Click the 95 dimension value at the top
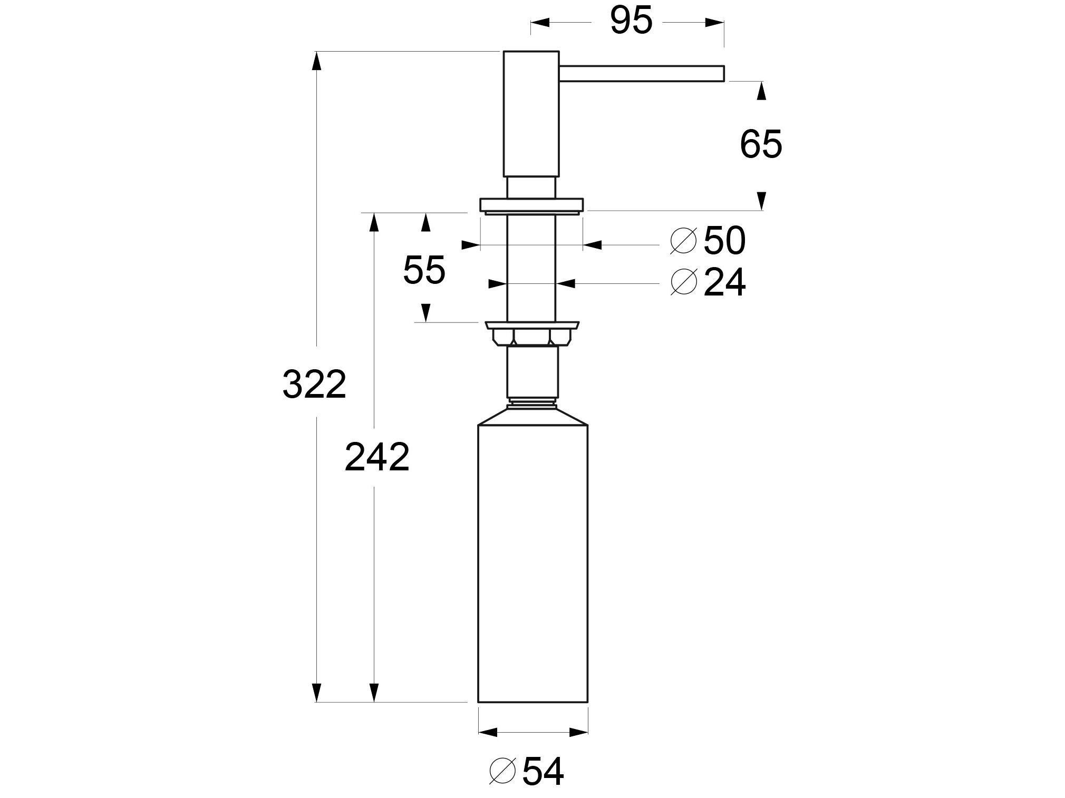[631, 22]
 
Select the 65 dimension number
[760, 144]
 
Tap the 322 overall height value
[314, 384]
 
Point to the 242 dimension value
[376, 457]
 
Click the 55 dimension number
[424, 270]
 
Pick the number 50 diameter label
[724, 241]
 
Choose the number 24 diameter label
[724, 283]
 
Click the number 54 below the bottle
[543, 772]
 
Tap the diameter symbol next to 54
[502, 772]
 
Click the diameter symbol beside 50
[683, 241]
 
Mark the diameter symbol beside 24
[683, 282]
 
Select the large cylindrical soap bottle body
[532, 564]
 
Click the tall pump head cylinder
[531, 113]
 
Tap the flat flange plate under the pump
[531, 205]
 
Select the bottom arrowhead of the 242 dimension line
[374, 692]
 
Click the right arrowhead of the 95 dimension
[714, 23]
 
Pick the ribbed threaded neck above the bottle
[531, 404]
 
